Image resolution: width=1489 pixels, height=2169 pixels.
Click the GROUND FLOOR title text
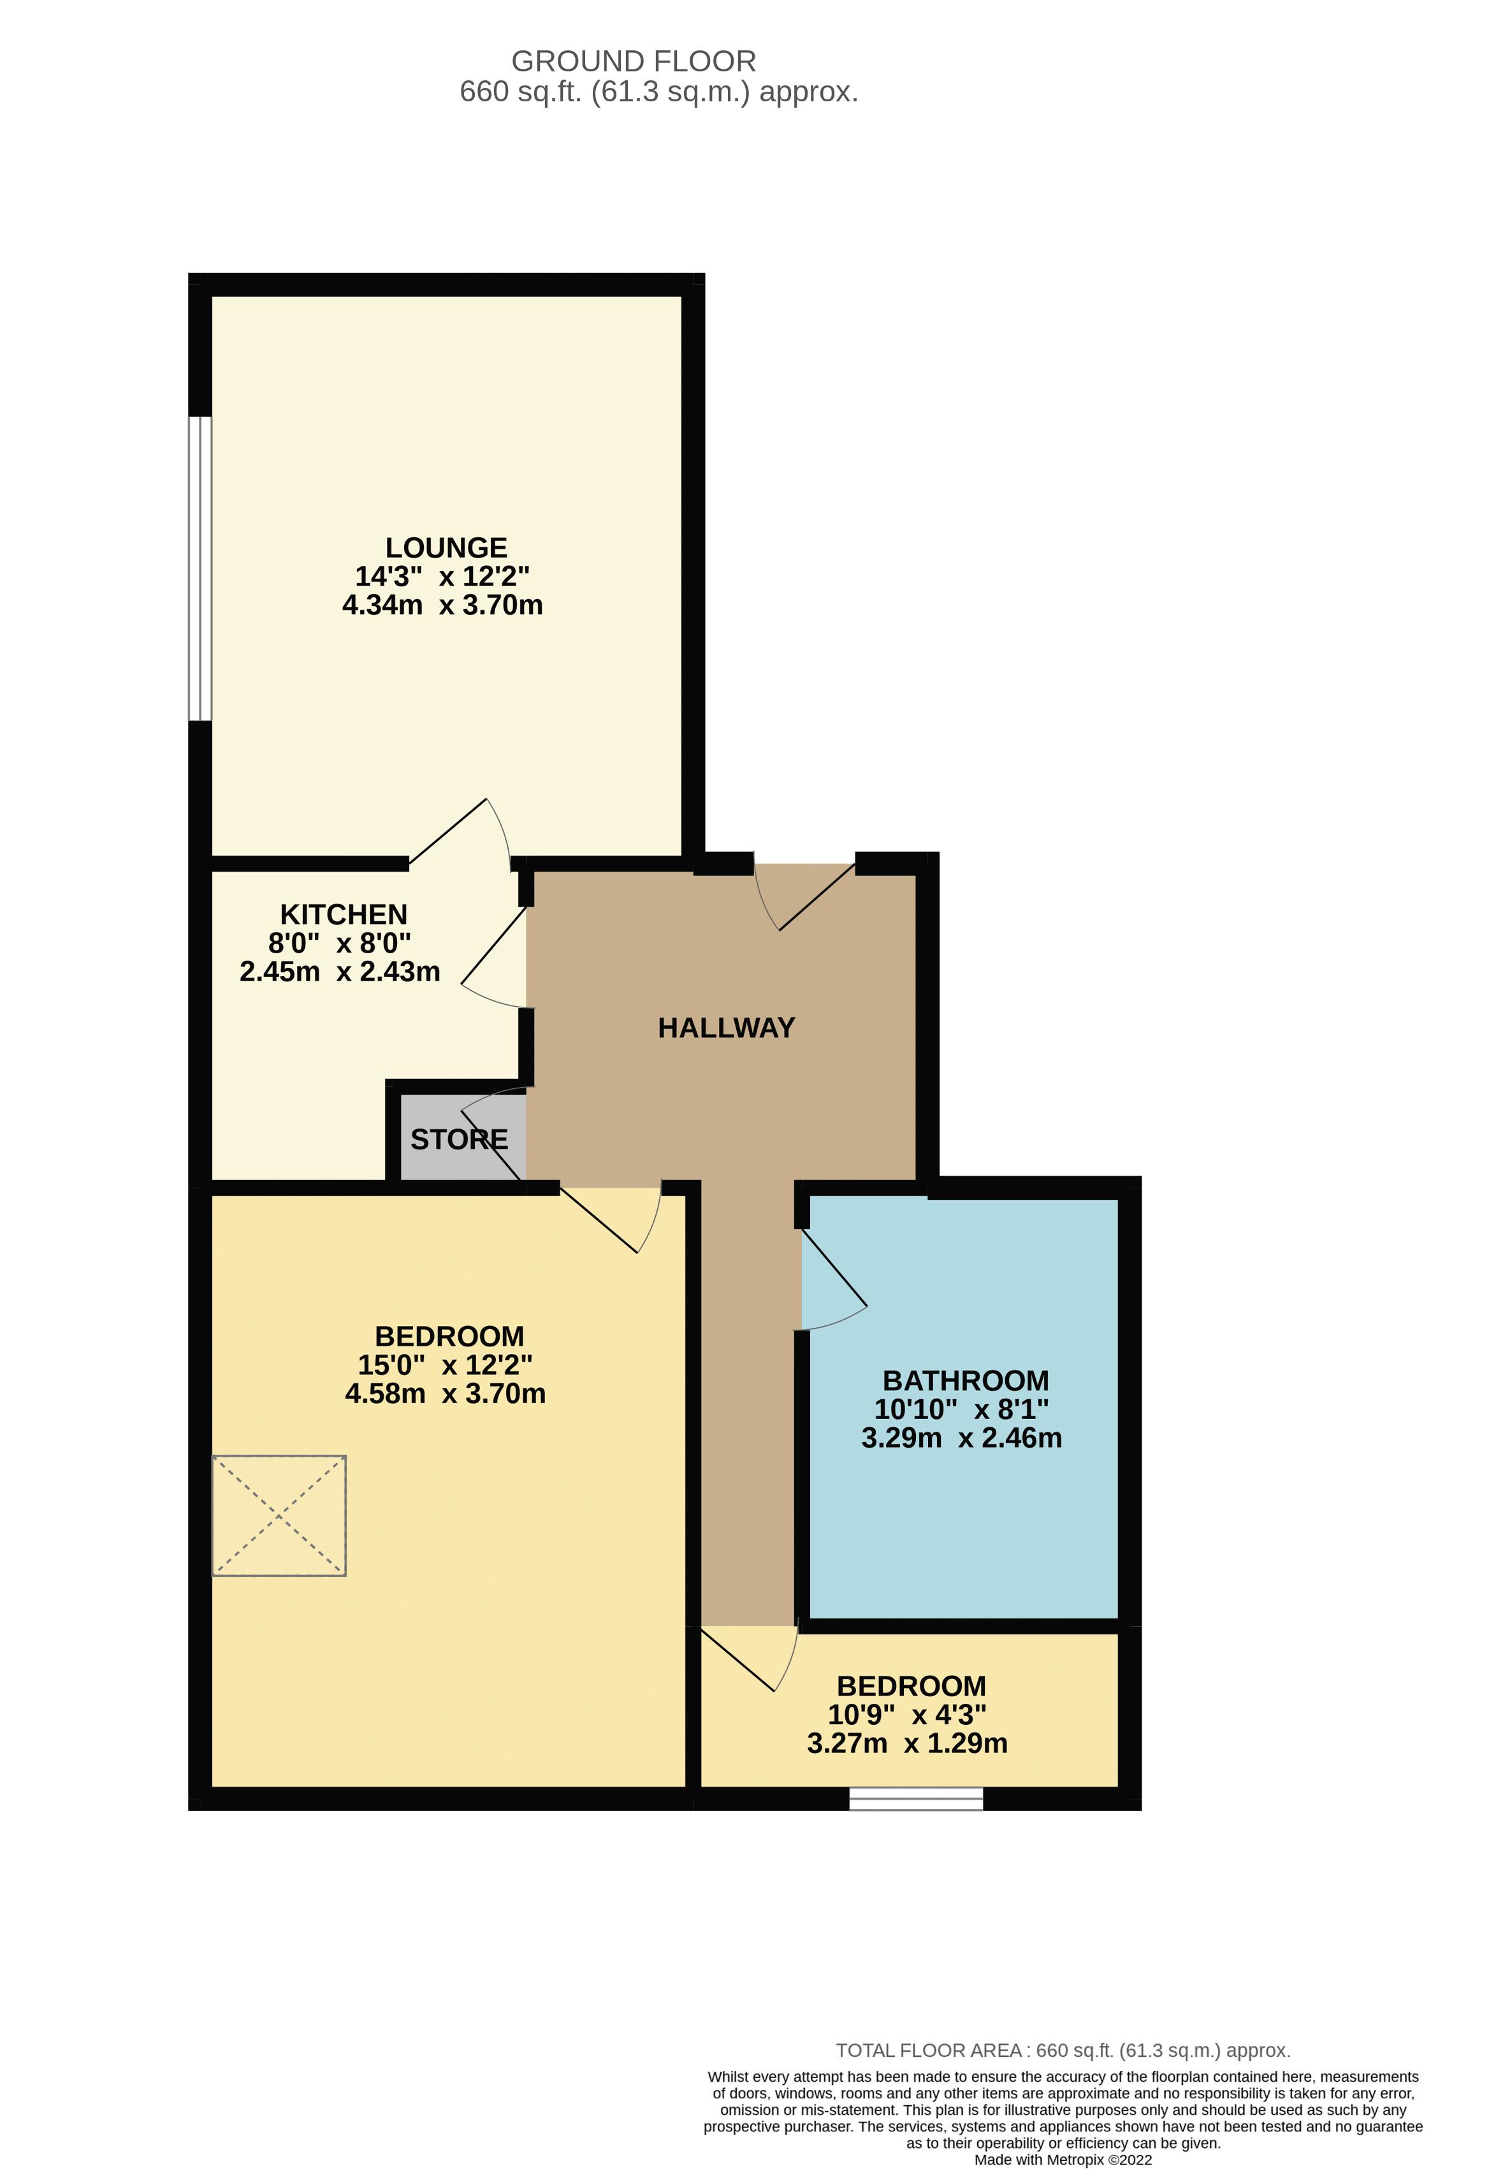point(633,62)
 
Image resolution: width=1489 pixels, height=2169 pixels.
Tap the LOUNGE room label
point(446,548)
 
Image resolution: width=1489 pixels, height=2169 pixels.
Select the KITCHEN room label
point(344,914)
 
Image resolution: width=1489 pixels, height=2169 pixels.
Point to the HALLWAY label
point(726,1028)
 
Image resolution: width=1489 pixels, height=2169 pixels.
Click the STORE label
point(460,1139)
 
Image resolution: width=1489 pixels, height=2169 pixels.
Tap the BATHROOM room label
point(965,1380)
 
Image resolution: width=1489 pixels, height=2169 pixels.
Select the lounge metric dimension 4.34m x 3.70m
point(442,605)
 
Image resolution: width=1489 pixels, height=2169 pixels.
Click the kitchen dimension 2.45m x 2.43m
point(340,972)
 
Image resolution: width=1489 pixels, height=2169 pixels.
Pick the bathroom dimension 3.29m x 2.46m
point(962,1438)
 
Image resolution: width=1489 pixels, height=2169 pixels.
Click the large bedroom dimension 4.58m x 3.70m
point(446,1394)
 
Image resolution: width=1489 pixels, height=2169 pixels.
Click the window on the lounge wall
point(200,568)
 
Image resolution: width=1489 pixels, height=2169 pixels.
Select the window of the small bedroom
point(916,1799)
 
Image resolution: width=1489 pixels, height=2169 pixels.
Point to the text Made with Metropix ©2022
point(1063,2159)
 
